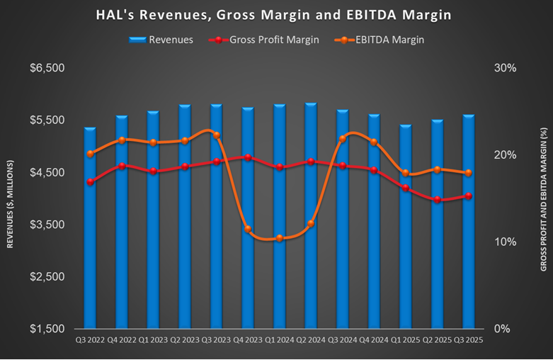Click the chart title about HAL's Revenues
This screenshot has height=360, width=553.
coord(277,15)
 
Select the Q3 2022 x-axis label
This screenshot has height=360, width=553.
coord(90,339)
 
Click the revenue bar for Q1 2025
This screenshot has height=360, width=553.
coord(406,227)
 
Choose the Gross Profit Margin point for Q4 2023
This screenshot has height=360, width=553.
coord(248,157)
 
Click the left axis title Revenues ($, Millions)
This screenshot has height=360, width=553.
coord(11,198)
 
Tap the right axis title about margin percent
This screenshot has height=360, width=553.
coord(543,198)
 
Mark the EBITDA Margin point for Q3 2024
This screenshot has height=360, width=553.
coord(343,138)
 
